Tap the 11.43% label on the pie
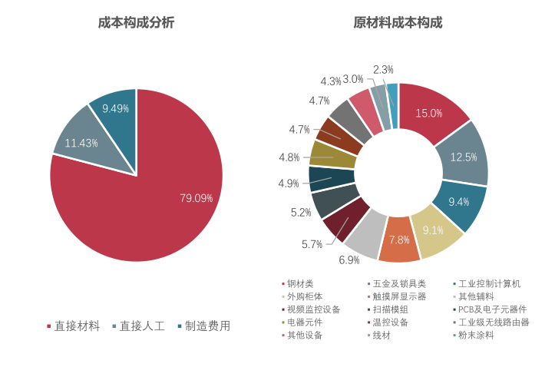[x=81, y=143]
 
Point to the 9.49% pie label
[x=115, y=109]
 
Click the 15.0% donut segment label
[x=429, y=113]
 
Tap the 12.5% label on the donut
[x=464, y=157]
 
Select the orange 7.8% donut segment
[x=399, y=240]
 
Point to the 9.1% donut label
[x=433, y=230]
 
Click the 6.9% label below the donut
[x=349, y=260]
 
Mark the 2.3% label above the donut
[x=383, y=70]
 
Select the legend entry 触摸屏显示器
[x=399, y=296]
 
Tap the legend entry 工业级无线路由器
[x=493, y=322]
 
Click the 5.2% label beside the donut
[x=301, y=213]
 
